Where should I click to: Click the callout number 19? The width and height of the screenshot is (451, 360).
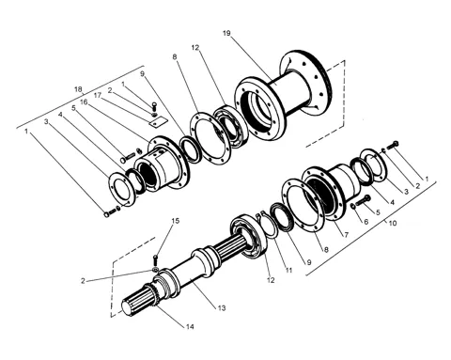point(226,33)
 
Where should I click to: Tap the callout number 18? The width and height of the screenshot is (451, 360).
point(78,89)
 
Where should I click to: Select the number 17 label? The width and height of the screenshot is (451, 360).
point(98,95)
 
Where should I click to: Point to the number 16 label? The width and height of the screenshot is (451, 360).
point(84,102)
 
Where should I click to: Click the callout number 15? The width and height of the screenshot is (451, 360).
point(176,221)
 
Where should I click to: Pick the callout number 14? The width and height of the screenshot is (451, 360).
point(190,327)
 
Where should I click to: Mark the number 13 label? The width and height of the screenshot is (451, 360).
point(222,308)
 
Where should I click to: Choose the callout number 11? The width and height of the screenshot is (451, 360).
point(288,270)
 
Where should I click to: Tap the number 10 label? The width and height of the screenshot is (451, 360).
point(393,223)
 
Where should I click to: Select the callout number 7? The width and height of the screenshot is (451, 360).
point(346,235)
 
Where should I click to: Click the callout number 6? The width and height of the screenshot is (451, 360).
point(365,222)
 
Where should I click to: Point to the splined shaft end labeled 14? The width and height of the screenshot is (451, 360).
point(138,301)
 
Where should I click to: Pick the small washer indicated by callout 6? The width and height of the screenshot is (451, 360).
point(353,206)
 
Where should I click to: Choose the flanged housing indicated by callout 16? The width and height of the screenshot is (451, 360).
point(162,163)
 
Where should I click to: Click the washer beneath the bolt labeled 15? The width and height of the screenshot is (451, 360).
point(155,270)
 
